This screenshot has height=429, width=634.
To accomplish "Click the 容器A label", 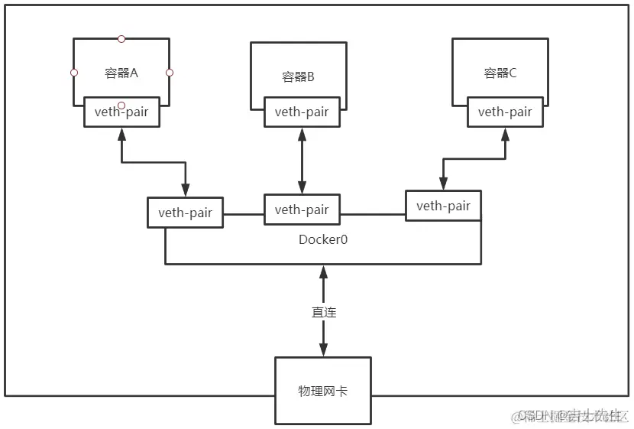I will point(121,73).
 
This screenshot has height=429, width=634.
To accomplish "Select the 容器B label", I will point(298,76).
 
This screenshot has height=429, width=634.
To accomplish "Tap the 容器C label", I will point(500,73).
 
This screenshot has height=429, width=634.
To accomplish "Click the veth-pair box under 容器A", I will point(126,112).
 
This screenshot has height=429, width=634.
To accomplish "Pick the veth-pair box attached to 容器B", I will point(302,112).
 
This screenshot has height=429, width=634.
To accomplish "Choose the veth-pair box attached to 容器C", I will point(505,112).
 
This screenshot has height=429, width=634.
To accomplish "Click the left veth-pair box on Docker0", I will point(185,213).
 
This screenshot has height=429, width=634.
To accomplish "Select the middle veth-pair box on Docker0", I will point(302,210).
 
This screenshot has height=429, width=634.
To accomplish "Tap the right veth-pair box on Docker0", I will point(443,206).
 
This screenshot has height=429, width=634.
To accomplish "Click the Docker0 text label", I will point(323,239).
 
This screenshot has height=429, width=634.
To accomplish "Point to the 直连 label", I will point(323,312).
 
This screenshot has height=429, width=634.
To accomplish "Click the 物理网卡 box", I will point(323,391).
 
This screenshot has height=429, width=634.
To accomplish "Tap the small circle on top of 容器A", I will point(121,38).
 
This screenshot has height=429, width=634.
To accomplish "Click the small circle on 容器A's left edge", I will point(74,73).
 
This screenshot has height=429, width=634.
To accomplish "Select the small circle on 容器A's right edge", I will point(170,73).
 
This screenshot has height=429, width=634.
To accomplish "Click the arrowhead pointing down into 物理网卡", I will point(323,351).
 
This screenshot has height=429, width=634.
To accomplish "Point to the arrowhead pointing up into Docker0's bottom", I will point(323,271).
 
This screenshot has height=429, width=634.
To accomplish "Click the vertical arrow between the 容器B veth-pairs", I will point(302,161).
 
